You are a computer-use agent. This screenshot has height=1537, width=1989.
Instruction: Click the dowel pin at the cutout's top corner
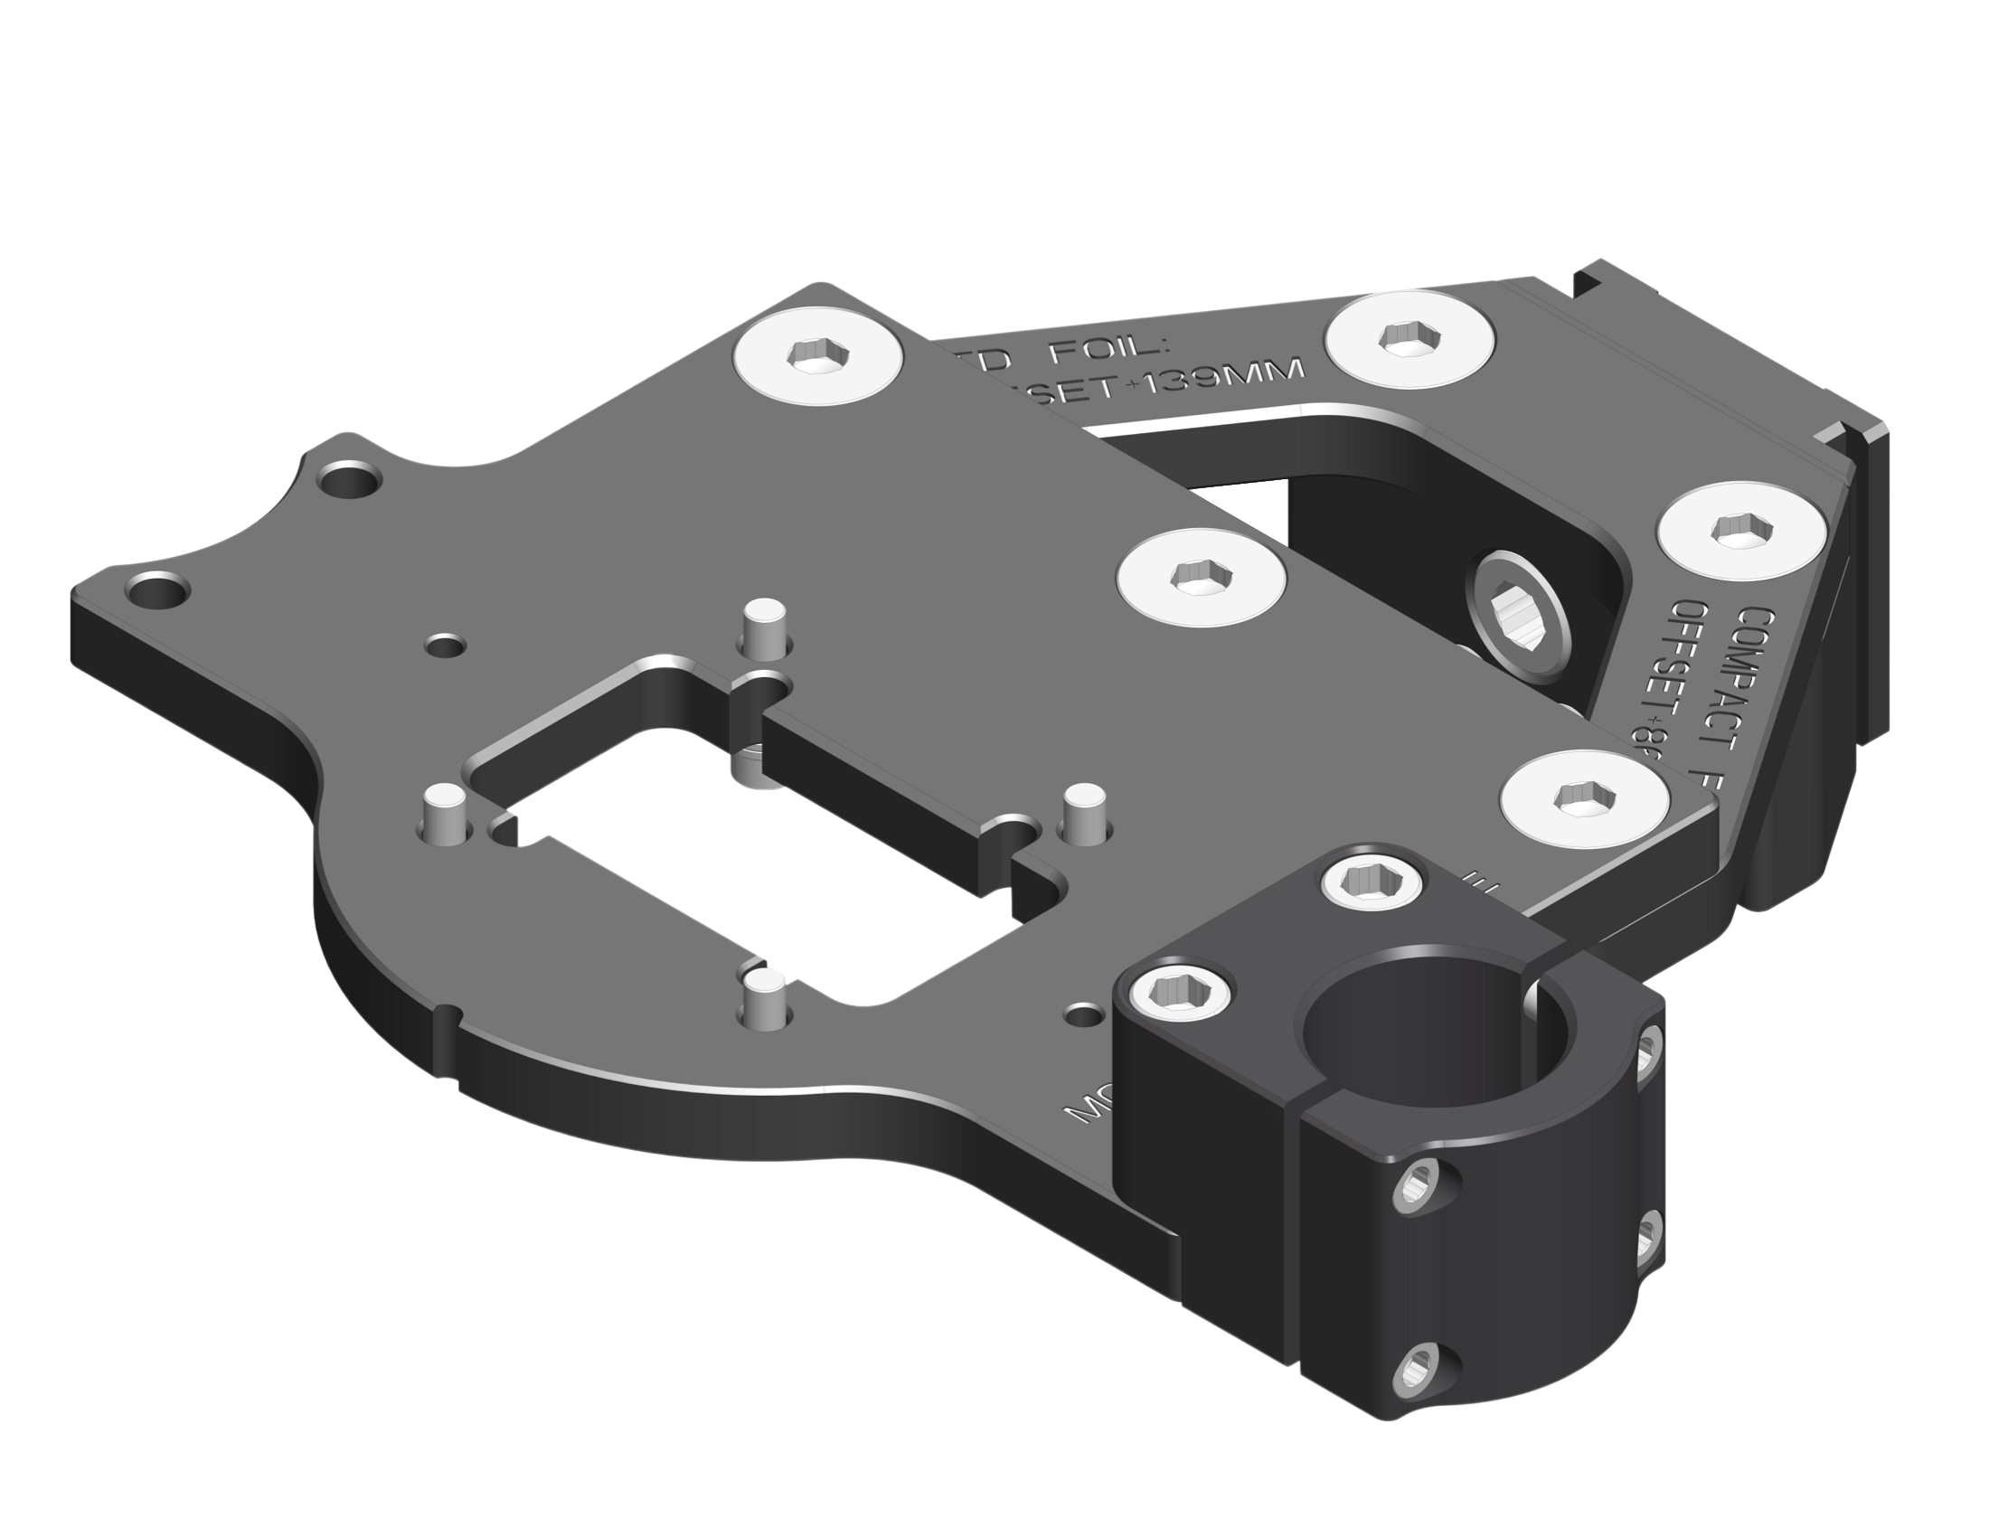point(762,628)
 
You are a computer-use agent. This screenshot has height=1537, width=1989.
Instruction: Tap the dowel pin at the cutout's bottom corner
point(762,996)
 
